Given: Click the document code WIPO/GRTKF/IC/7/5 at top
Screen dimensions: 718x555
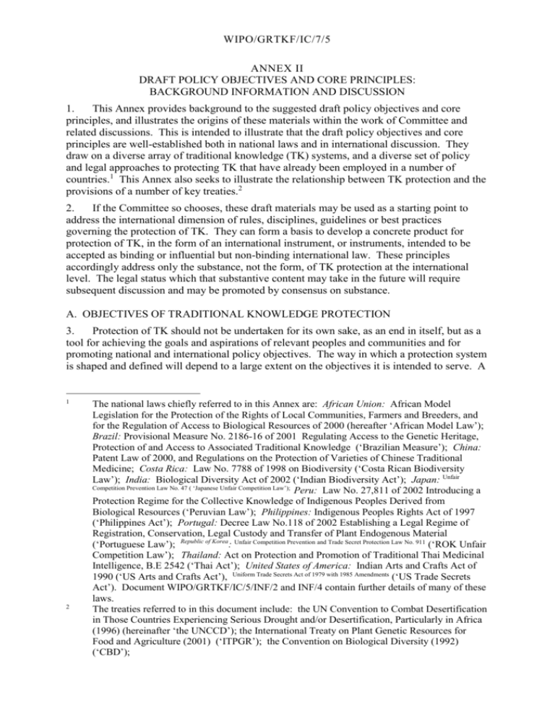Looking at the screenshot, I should tap(277, 34).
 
